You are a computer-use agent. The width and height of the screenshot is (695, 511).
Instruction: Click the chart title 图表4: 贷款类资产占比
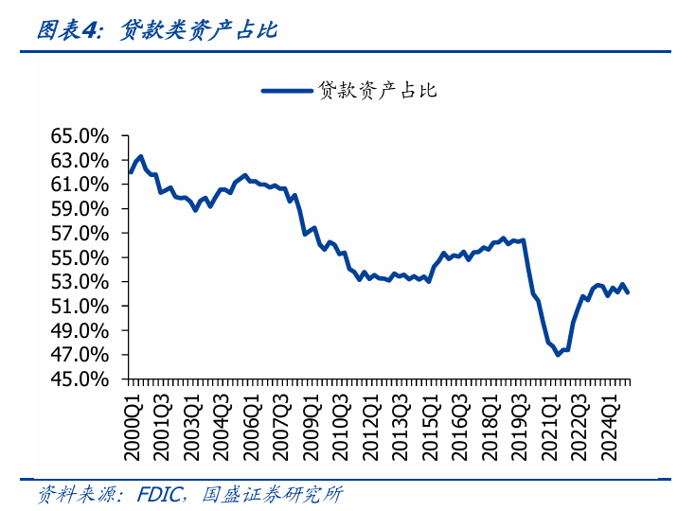pos(156,30)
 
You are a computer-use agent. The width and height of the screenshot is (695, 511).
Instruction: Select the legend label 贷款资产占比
pos(376,91)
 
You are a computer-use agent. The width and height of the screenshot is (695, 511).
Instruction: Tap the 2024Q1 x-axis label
pos(611,421)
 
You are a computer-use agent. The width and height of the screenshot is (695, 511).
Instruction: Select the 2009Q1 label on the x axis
pos(312,421)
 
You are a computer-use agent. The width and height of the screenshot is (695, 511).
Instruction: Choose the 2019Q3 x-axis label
pos(521,421)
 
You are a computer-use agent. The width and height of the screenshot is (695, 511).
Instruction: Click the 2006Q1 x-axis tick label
pos(252,421)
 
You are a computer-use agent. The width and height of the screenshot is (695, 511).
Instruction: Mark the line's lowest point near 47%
pos(558,354)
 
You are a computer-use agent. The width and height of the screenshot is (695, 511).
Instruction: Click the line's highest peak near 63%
pos(141,156)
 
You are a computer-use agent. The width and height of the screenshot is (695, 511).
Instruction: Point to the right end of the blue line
pos(628,292)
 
